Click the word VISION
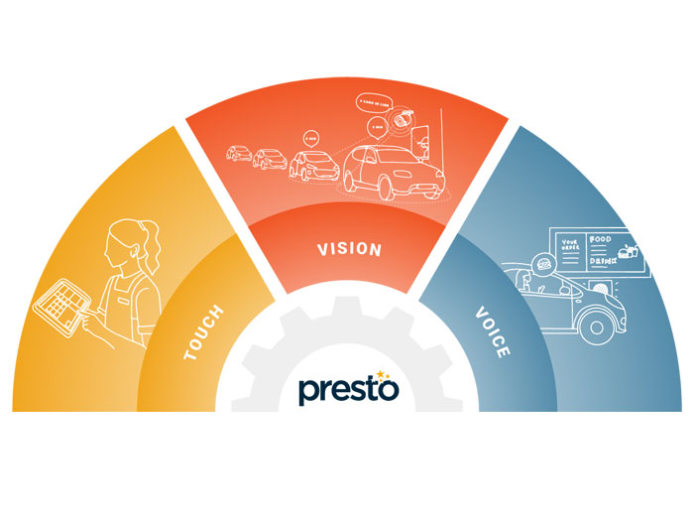pyautogui.click(x=347, y=248)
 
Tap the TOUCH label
pyautogui.click(x=204, y=331)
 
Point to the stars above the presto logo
pyautogui.click(x=383, y=372)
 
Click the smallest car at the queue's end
pyautogui.click(x=238, y=154)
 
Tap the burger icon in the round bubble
pyautogui.click(x=544, y=264)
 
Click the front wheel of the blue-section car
pyautogui.click(x=599, y=323)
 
